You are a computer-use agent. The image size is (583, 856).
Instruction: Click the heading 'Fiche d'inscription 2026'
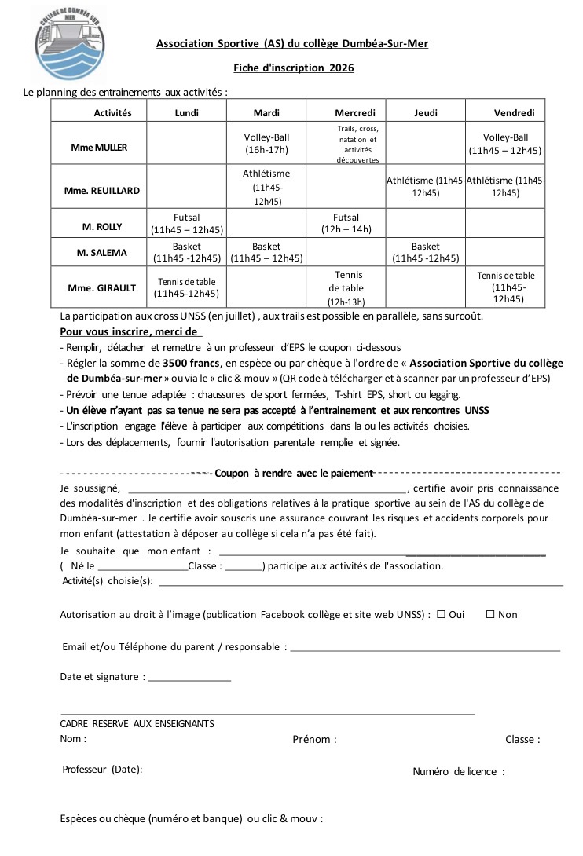pyautogui.click(x=293, y=68)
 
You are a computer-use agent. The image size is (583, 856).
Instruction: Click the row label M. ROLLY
pyautogui.click(x=102, y=226)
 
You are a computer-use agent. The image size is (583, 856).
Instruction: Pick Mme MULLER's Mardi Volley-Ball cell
pyautogui.click(x=266, y=143)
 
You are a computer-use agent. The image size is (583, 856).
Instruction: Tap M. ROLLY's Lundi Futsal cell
pyautogui.click(x=186, y=224)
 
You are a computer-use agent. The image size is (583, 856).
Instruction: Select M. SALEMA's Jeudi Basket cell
pyautogui.click(x=425, y=252)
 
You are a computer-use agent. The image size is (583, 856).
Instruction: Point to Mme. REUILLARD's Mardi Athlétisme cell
pyautogui.click(x=266, y=187)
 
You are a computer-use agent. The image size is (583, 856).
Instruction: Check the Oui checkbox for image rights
pyautogui.click(x=442, y=615)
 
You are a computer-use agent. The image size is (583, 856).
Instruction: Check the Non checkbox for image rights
pyautogui.click(x=490, y=615)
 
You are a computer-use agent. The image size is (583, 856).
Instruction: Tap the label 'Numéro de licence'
pyautogui.click(x=458, y=772)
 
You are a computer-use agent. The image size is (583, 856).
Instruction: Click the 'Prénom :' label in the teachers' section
pyautogui.click(x=314, y=740)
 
